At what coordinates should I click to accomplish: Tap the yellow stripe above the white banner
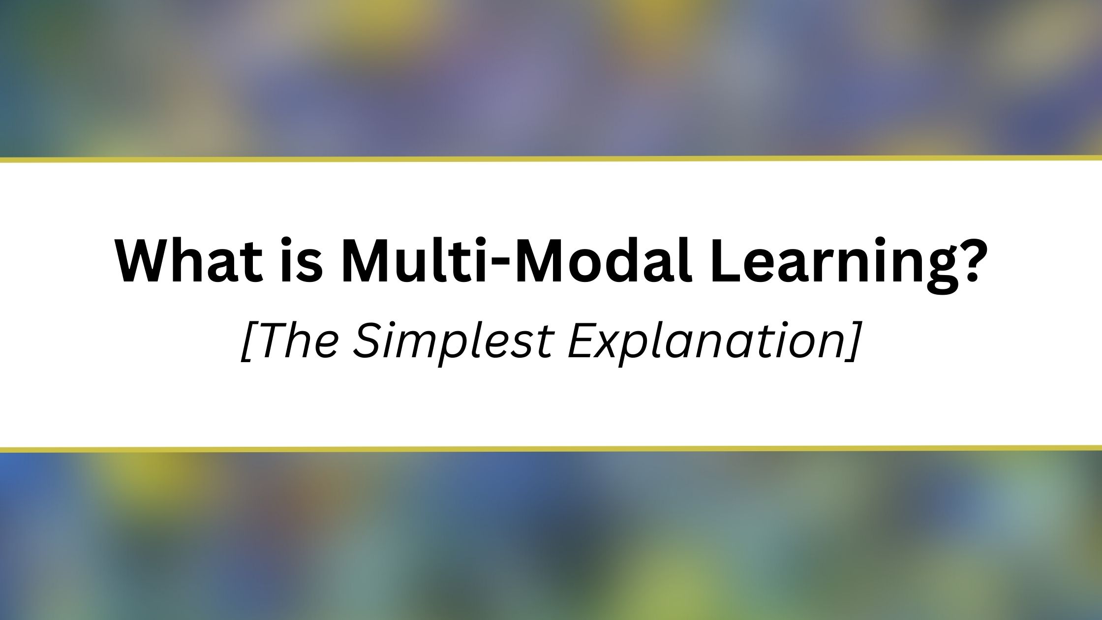tap(551, 159)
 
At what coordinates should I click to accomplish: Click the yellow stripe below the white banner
tap(551, 449)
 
